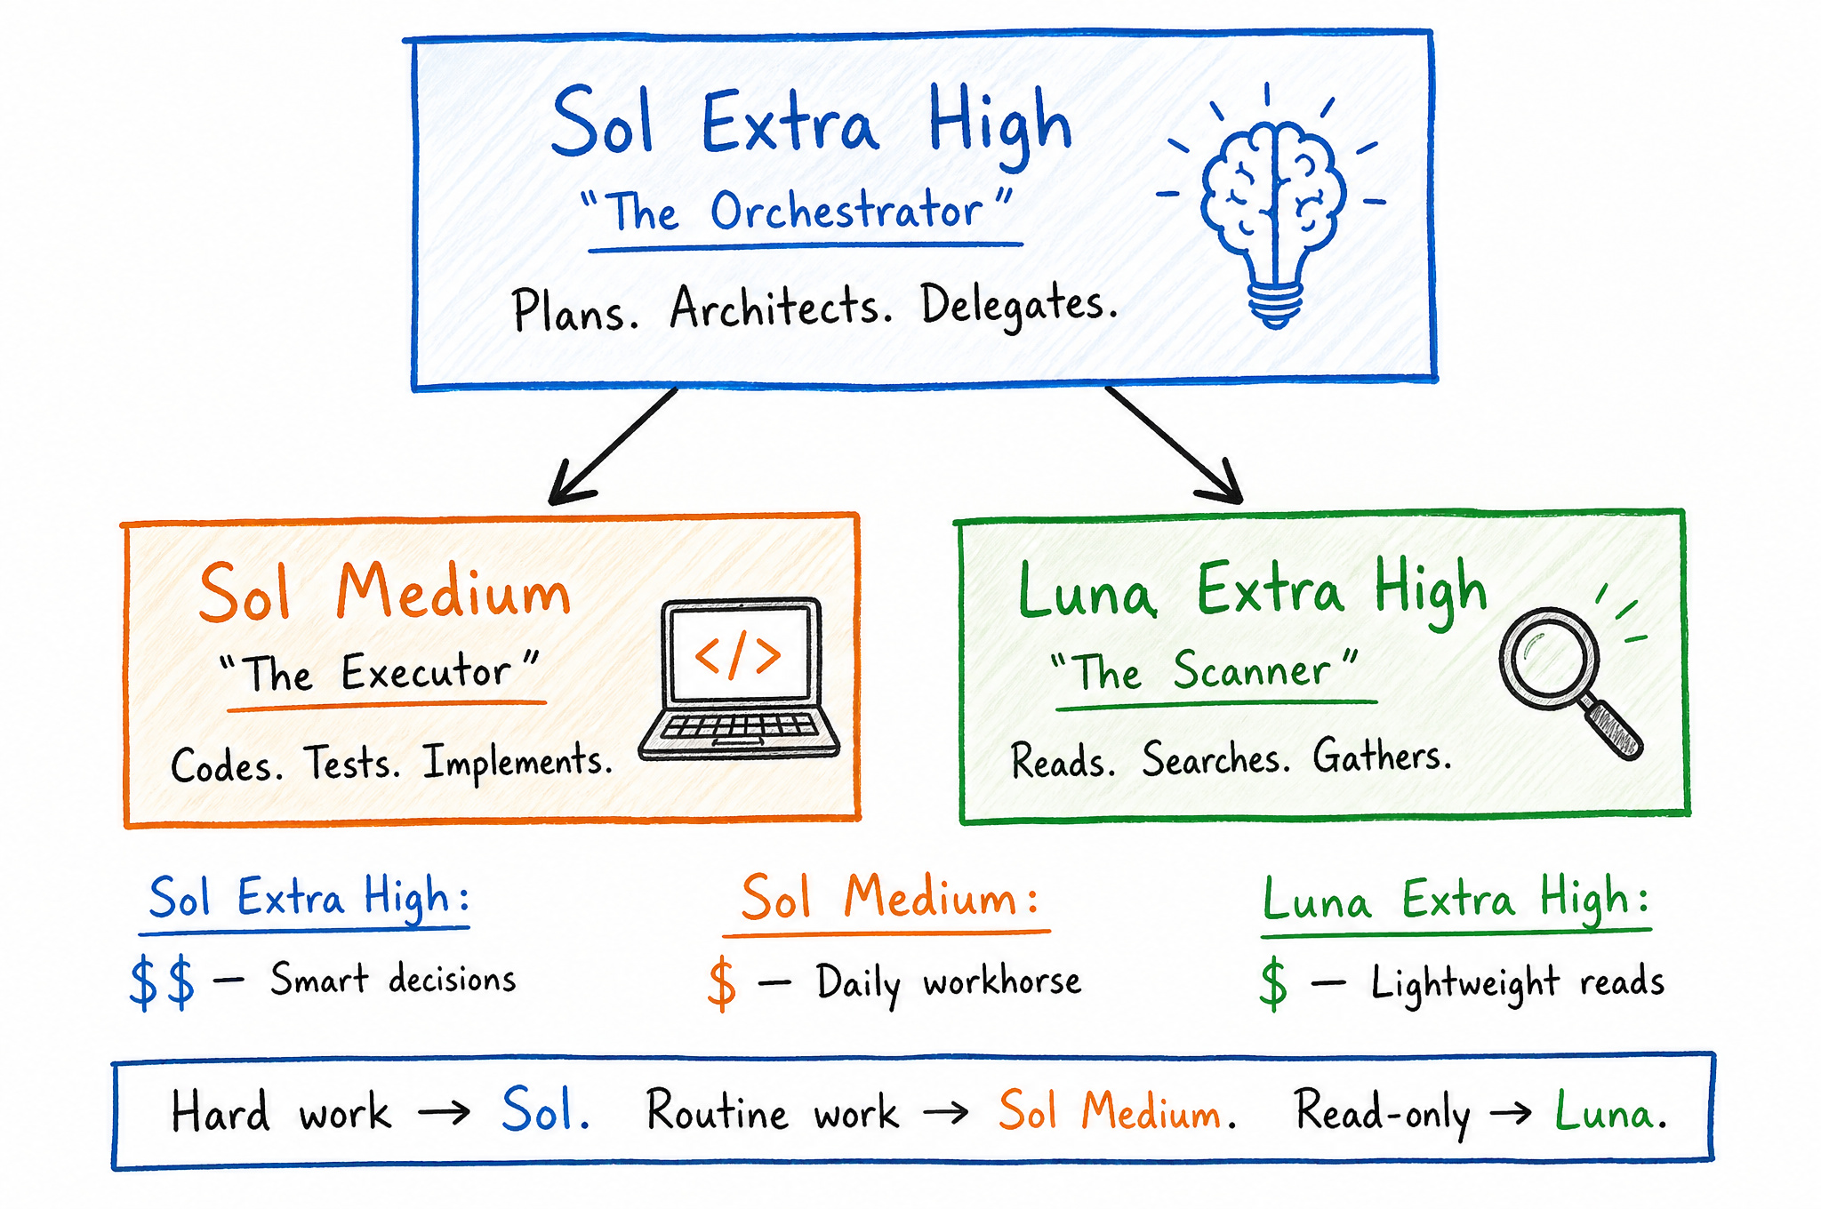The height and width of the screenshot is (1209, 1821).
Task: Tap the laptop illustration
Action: [739, 678]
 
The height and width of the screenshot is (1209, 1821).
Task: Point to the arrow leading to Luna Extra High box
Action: [1174, 444]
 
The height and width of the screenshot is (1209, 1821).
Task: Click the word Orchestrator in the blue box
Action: [846, 211]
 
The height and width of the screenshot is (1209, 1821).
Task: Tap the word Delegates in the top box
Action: [1019, 305]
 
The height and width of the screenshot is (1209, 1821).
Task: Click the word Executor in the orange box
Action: [427, 671]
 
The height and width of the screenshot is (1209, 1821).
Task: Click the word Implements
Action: [517, 762]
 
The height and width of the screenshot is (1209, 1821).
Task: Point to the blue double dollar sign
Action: [162, 982]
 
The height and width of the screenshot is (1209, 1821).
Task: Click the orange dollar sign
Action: [722, 984]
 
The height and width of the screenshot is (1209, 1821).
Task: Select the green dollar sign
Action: [1273, 983]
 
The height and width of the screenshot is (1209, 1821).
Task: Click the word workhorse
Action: [1002, 981]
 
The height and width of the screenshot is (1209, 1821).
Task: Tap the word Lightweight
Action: [1465, 983]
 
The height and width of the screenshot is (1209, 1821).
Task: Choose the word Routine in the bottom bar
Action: [718, 1111]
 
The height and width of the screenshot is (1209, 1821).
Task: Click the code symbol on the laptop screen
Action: [738, 655]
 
